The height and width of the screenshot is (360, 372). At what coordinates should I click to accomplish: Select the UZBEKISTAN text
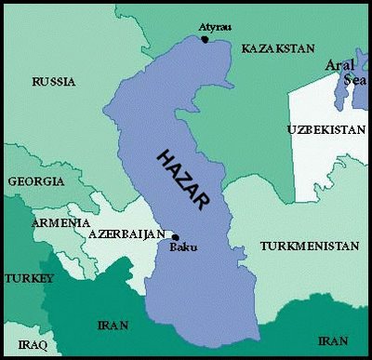[326, 129]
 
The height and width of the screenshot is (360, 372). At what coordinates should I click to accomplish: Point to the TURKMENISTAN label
[309, 247]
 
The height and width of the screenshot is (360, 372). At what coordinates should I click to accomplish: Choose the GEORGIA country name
[35, 182]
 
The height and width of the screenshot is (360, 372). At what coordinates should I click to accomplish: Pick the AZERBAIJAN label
[126, 235]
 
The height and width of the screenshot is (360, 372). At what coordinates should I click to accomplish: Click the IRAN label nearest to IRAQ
[111, 325]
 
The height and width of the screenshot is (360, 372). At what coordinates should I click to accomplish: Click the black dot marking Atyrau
[205, 39]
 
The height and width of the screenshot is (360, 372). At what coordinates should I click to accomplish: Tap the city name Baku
[183, 247]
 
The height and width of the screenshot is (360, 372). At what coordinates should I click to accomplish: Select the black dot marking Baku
[176, 237]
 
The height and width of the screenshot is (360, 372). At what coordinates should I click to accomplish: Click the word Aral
[339, 65]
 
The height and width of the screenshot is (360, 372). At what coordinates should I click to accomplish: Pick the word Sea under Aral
[357, 81]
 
